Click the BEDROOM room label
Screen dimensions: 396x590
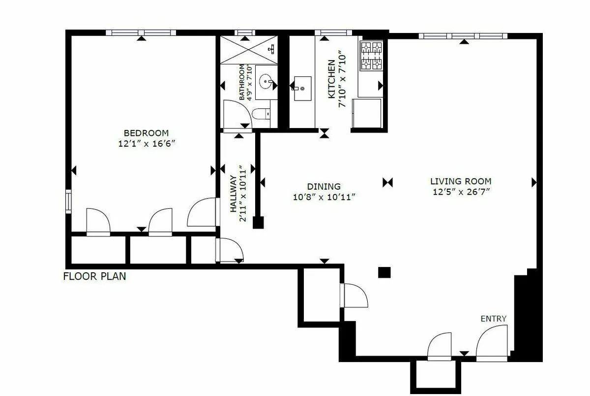(x=146, y=133)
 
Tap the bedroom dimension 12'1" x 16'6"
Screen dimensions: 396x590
(x=146, y=144)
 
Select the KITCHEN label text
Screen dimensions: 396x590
(x=331, y=79)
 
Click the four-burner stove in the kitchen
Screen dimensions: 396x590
(x=371, y=56)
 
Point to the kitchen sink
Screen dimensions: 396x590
(x=302, y=88)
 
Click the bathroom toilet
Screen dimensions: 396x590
(x=261, y=114)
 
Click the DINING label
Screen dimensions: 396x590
(x=324, y=187)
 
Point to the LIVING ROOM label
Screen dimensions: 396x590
(x=461, y=181)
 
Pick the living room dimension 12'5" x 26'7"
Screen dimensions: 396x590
(x=461, y=192)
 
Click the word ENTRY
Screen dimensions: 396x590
(x=493, y=319)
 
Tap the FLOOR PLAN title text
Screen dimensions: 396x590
(x=94, y=276)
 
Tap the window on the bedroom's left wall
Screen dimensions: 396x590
(x=68, y=201)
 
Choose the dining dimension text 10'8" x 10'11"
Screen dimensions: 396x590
(x=324, y=197)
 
